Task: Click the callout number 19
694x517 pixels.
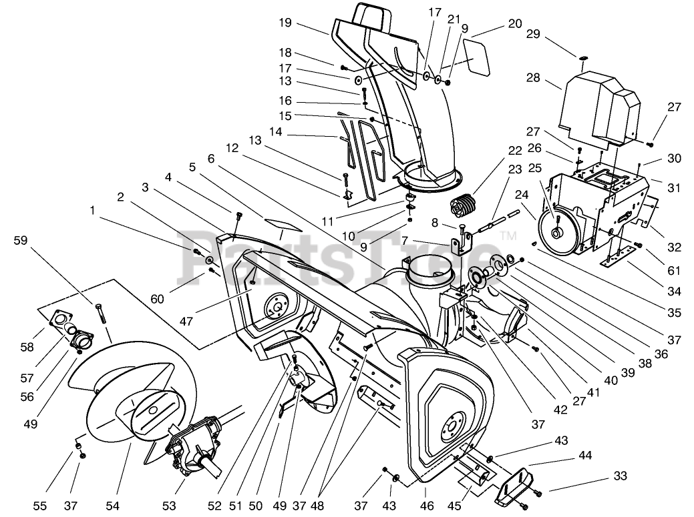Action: tap(286, 23)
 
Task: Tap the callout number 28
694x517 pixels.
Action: tap(532, 79)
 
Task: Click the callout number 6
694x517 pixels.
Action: tap(212, 159)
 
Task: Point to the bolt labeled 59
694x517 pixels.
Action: tap(101, 314)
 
